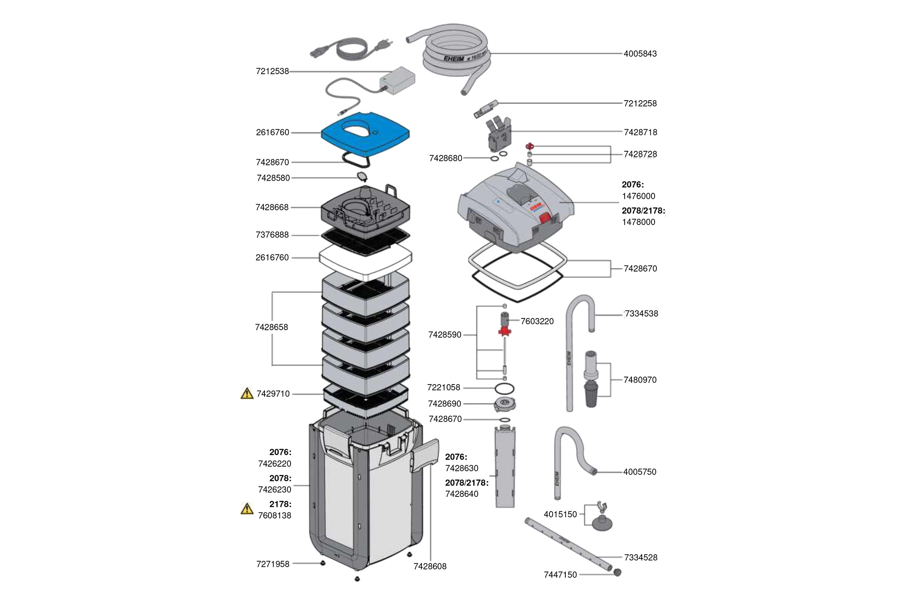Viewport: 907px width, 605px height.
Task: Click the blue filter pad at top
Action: tap(365, 135)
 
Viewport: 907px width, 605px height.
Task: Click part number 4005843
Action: tap(640, 54)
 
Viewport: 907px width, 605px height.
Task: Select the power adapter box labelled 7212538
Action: tap(397, 80)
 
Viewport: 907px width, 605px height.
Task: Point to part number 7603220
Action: tap(537, 321)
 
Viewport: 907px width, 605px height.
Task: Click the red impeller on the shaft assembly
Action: tap(505, 331)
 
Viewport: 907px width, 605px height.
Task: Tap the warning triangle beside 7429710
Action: tap(247, 394)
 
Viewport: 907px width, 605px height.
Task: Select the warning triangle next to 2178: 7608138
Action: tap(247, 509)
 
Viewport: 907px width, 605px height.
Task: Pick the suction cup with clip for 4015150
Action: tap(601, 523)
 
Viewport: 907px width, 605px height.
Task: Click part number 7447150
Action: tap(560, 575)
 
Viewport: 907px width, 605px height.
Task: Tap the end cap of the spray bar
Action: tap(617, 572)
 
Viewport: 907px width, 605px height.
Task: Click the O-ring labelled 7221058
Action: tap(505, 388)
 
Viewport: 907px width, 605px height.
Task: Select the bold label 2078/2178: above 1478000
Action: tap(643, 211)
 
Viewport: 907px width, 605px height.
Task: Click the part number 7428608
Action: tap(430, 566)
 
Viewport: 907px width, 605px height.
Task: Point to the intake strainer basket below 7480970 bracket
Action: tap(591, 394)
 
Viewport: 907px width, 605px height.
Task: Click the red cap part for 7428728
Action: tap(530, 146)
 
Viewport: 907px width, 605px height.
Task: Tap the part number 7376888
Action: tap(272, 234)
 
